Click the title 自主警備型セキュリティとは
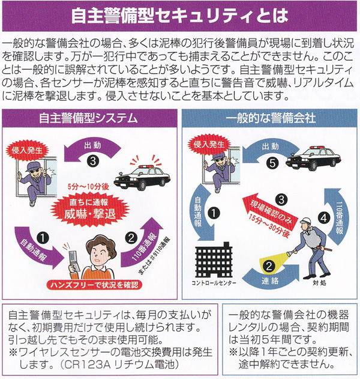[179, 16]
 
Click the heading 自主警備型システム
[88, 118]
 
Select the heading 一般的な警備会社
[271, 118]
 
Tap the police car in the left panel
[142, 177]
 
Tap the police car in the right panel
[313, 158]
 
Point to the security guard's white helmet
[305, 220]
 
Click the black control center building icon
[214, 259]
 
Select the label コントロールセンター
[214, 283]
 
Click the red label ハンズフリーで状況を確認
[94, 285]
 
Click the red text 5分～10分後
[88, 187]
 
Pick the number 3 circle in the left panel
[93, 161]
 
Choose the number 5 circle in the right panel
[272, 163]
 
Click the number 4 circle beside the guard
[324, 218]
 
